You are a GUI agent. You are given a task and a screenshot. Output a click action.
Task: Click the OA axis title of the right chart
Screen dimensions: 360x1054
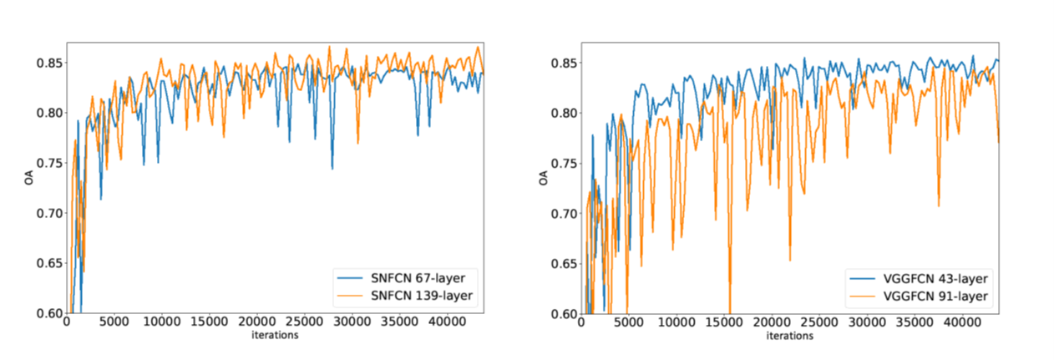tap(545, 178)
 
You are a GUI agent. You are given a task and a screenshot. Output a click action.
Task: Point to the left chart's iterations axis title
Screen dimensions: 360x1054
tap(276, 336)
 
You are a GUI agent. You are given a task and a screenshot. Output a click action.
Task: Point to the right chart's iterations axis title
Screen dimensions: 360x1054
tap(789, 336)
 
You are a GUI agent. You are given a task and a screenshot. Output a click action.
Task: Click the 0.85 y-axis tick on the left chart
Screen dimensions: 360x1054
tap(48, 63)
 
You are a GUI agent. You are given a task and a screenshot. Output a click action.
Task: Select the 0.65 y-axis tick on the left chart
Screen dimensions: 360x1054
tap(48, 263)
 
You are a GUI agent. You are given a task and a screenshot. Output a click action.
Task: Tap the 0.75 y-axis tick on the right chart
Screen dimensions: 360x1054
tap(563, 163)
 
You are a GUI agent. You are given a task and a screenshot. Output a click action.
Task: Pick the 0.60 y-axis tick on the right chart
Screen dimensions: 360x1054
tap(563, 313)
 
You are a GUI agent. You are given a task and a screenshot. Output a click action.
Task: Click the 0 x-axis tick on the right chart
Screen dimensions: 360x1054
tap(581, 323)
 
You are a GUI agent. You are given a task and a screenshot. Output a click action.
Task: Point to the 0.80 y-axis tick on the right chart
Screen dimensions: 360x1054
tap(563, 113)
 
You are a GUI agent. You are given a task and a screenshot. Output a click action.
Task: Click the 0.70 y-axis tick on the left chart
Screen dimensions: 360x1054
tap(48, 213)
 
